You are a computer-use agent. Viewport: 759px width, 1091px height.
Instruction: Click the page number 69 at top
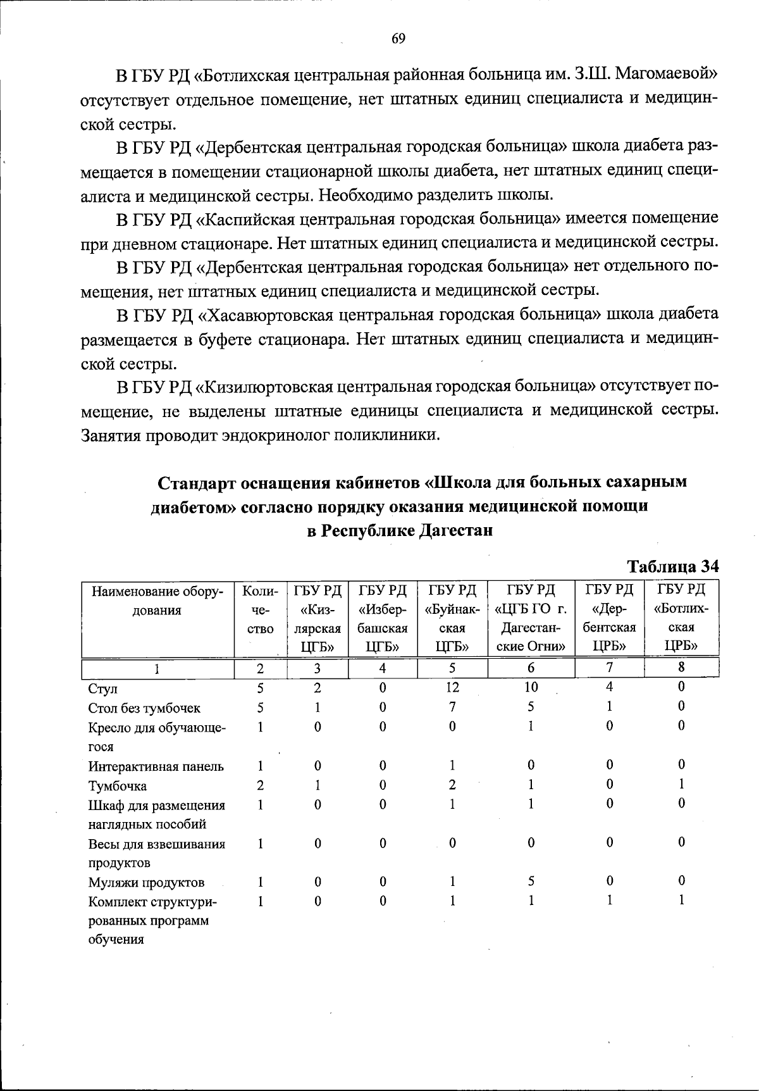(398, 39)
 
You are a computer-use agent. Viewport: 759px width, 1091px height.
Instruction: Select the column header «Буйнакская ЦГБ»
(452, 618)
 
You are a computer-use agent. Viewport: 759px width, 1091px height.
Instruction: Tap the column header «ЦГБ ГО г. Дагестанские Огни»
(531, 618)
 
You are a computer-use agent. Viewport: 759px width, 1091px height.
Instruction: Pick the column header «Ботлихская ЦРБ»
(681, 618)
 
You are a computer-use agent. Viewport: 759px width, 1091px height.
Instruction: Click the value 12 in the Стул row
(452, 687)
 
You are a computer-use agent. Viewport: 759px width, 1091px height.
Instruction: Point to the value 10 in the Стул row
(531, 687)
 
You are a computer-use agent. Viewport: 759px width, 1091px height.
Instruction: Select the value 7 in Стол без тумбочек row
(452, 707)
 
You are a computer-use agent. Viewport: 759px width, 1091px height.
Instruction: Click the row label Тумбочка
(118, 786)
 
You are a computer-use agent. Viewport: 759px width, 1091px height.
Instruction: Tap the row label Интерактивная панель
(156, 766)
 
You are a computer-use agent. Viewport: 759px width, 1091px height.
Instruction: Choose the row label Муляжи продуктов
(146, 882)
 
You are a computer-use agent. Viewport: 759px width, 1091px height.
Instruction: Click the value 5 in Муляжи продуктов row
(531, 881)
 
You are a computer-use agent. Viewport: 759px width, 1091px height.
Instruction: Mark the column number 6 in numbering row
(531, 668)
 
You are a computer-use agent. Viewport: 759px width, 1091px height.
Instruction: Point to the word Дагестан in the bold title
(455, 530)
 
